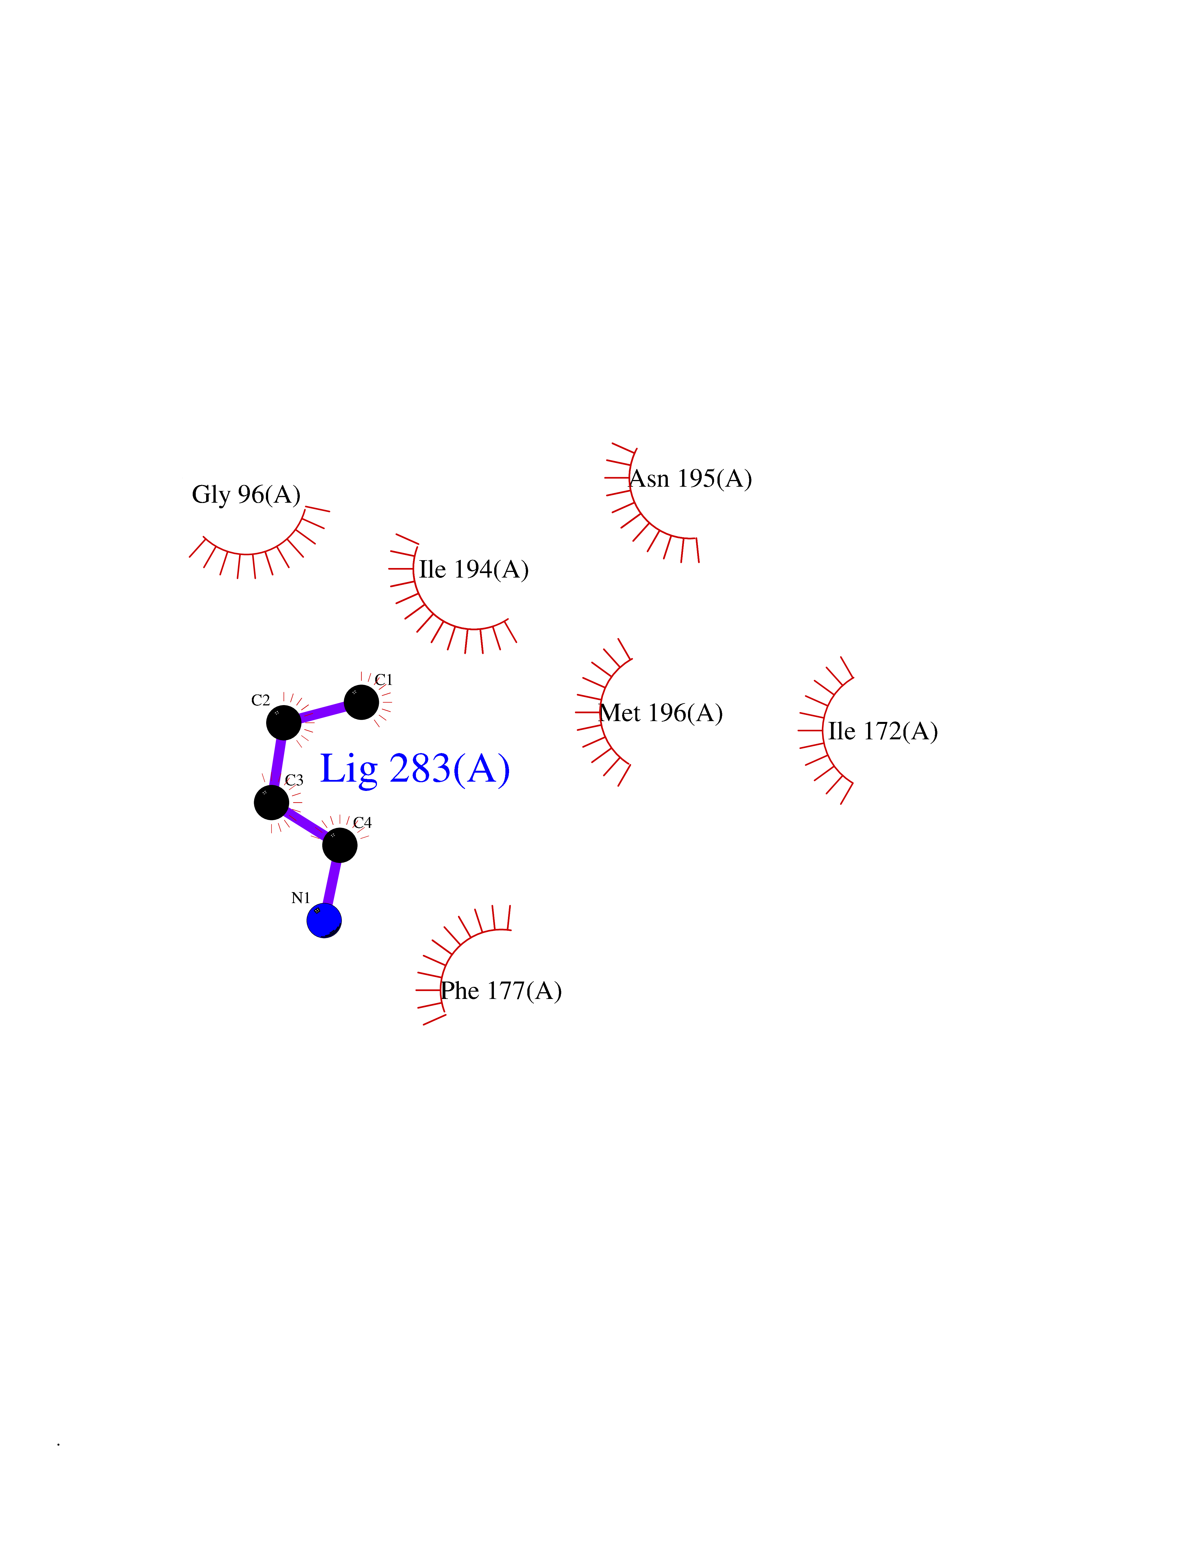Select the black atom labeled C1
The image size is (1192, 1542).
pyautogui.click(x=361, y=702)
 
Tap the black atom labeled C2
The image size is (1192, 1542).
pyautogui.click(x=283, y=722)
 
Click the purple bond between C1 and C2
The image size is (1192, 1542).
pyautogui.click(x=322, y=712)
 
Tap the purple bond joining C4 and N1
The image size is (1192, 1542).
pyautogui.click(x=332, y=883)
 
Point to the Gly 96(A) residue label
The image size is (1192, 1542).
pyautogui.click(x=246, y=494)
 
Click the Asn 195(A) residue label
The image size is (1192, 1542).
pyautogui.click(x=690, y=479)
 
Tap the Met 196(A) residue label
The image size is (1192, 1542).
pyautogui.click(x=661, y=713)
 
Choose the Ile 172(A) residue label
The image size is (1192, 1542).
pyautogui.click(x=883, y=731)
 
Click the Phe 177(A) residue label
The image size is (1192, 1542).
pyautogui.click(x=501, y=991)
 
